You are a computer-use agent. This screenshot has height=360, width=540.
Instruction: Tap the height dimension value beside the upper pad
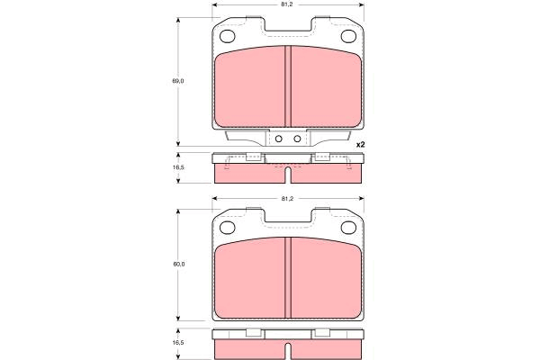coord(178,81)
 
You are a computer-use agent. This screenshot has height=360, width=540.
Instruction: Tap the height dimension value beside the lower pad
coord(179,265)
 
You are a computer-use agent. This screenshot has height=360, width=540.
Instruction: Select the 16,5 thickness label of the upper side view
coord(179,167)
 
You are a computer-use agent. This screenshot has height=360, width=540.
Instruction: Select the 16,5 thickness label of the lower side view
coord(178,343)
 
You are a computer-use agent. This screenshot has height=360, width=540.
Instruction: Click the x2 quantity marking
coord(360,145)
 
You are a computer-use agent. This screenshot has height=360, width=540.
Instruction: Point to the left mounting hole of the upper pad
coord(227,36)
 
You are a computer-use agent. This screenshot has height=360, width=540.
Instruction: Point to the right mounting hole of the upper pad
coord(348,36)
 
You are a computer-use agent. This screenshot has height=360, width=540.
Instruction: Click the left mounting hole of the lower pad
coord(227,228)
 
